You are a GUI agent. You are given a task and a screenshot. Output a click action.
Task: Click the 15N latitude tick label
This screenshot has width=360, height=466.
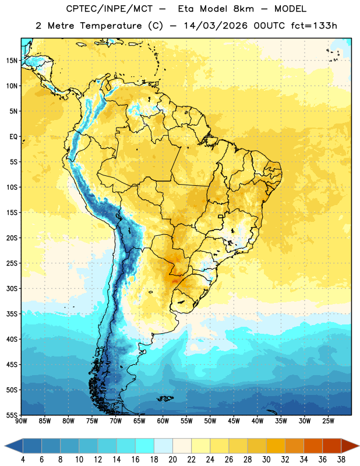[x=12, y=61]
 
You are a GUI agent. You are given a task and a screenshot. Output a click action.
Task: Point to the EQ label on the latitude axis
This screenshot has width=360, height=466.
[x=13, y=137]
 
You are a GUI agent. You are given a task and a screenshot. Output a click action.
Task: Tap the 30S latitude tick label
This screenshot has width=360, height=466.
[x=12, y=288]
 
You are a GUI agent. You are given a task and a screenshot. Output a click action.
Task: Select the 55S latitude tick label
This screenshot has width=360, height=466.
[x=12, y=415]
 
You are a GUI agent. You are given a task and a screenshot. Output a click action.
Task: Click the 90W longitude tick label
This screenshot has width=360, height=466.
[x=21, y=421]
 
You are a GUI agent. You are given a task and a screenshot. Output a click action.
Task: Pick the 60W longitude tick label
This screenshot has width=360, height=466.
[x=163, y=421]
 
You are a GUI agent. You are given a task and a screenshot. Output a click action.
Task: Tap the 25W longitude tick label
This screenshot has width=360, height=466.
[x=328, y=421]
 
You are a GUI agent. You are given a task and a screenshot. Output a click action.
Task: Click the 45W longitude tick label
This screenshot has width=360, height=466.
[x=234, y=421]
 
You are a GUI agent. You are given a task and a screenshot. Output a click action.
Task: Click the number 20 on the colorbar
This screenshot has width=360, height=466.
[x=172, y=460]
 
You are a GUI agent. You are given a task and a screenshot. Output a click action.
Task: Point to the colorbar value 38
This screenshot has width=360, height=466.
[x=341, y=460]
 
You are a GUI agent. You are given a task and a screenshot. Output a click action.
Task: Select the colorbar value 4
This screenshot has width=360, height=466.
[x=23, y=460]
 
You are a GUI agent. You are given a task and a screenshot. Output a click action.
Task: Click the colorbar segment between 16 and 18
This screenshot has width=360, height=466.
[x=145, y=446]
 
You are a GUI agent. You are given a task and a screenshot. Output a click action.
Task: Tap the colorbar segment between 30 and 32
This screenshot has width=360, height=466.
[x=276, y=446]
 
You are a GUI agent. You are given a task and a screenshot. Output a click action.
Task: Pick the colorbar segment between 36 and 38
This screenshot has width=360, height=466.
[x=332, y=446]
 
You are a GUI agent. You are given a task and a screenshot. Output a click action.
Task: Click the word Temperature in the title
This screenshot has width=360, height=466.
[x=111, y=26]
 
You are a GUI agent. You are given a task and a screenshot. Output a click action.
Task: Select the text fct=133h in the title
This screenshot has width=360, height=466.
[x=314, y=26]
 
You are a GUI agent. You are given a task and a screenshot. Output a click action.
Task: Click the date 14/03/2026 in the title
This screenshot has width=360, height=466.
[x=216, y=26]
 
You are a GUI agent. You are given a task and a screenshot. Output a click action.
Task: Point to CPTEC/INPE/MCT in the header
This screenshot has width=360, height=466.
[x=110, y=9]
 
